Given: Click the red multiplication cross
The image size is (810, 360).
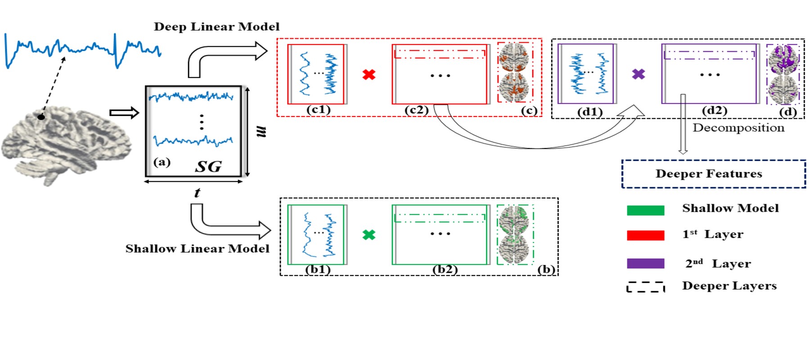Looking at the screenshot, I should point(369,74).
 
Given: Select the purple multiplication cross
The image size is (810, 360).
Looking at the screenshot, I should point(639,74).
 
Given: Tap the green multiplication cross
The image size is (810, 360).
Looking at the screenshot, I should point(369,235).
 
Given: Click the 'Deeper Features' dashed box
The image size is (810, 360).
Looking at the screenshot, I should point(714,174).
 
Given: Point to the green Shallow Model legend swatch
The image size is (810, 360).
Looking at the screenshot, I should point(645,210).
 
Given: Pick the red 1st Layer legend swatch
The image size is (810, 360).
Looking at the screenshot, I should point(645,235).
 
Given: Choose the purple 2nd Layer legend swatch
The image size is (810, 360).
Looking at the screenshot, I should point(645,264).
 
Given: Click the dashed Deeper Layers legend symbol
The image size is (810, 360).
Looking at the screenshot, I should point(645,287).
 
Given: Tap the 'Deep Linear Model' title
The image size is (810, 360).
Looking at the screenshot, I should point(216,27).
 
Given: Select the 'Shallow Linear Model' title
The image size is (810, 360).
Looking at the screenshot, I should point(197,248).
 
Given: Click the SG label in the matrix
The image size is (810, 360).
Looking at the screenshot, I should point(208,166).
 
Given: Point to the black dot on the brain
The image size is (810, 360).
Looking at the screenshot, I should point(41,117).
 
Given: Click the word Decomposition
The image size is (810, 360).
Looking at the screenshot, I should point(738,128).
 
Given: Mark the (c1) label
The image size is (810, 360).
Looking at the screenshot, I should point(318,109).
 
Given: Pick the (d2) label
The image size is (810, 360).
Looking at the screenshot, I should point(714,110).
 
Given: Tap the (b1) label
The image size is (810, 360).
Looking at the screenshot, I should point(318,270).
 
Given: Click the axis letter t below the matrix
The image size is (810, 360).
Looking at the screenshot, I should point(197,193).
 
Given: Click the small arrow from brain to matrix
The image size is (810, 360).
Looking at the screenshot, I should point(124,112).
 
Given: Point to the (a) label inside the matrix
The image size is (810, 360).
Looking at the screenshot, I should point(162,162).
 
